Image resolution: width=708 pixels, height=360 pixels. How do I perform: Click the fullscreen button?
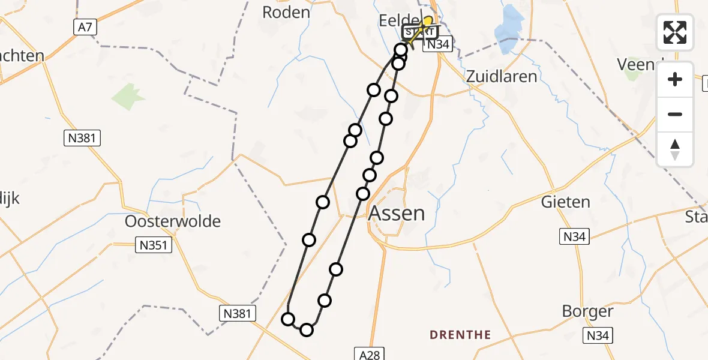pos(675,32)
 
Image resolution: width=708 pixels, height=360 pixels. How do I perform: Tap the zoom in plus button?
pos(675,79)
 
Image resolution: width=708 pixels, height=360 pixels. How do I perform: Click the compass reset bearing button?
pos(675,149)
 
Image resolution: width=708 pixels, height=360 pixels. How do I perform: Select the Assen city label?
pos(396,212)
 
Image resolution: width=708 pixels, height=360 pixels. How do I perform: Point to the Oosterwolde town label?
pos(173,221)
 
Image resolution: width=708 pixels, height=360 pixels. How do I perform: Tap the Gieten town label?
pos(565,202)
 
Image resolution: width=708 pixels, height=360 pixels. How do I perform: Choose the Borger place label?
pos(587,311)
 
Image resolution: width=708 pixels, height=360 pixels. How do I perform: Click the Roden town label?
pos(287,12)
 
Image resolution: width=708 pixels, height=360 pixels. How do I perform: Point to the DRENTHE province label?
pos(460,335)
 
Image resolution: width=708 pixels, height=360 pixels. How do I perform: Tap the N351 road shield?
pos(154,245)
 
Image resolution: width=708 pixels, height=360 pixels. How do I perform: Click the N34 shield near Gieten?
pos(574,237)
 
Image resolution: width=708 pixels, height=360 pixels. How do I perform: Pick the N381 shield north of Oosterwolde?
pos(82,139)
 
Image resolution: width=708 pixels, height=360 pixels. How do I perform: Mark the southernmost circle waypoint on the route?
pos(307,329)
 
